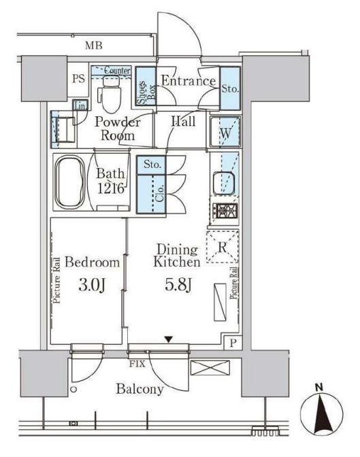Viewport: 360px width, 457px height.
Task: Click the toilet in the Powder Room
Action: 110,94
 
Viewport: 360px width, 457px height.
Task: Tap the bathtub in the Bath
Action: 70,182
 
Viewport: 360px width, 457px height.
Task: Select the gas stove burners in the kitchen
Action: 225,211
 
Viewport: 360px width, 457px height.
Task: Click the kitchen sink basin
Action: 223,184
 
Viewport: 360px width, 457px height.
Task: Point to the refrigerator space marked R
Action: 223,247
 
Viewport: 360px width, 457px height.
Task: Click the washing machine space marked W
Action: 225,132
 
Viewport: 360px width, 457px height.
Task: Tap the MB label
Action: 94,46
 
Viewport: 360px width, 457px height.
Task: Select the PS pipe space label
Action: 78,78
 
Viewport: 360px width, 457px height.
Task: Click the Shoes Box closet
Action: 146,86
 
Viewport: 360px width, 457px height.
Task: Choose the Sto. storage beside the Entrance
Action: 230,88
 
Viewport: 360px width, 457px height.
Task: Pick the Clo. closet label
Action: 159,194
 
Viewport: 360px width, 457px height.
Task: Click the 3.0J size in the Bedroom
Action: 92,285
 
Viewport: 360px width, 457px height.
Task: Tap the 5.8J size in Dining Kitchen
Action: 178,284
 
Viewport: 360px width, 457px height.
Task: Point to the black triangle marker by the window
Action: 168,339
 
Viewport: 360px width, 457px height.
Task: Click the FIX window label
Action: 137,364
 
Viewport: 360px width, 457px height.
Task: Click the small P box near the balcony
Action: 233,343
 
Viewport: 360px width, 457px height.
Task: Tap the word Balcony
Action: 140,389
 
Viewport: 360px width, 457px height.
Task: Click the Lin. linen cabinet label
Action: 80,105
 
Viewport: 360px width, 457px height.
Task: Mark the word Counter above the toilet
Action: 117,70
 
